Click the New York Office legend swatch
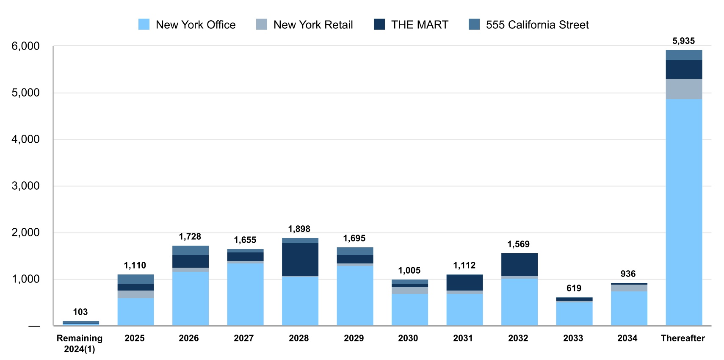pos(144,25)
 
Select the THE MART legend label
pos(419,25)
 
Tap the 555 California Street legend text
pos(537,25)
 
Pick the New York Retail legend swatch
pos(262,25)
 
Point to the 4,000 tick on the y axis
pos(25,139)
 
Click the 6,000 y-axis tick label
pos(25,46)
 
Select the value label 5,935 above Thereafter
pos(683,41)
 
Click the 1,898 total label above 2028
pos(299,229)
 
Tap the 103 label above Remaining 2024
pos(80,312)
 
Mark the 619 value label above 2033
pos(574,288)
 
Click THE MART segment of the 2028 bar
pos(300,259)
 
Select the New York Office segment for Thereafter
pos(684,212)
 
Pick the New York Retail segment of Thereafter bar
pos(684,89)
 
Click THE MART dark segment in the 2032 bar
pos(520,265)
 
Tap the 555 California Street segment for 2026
pos(191,250)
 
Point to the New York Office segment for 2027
pos(245,294)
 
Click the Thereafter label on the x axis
pos(683,338)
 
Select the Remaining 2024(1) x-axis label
pos(80,343)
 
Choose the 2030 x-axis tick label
pos(408,338)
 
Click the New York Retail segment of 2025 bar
pos(135,294)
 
